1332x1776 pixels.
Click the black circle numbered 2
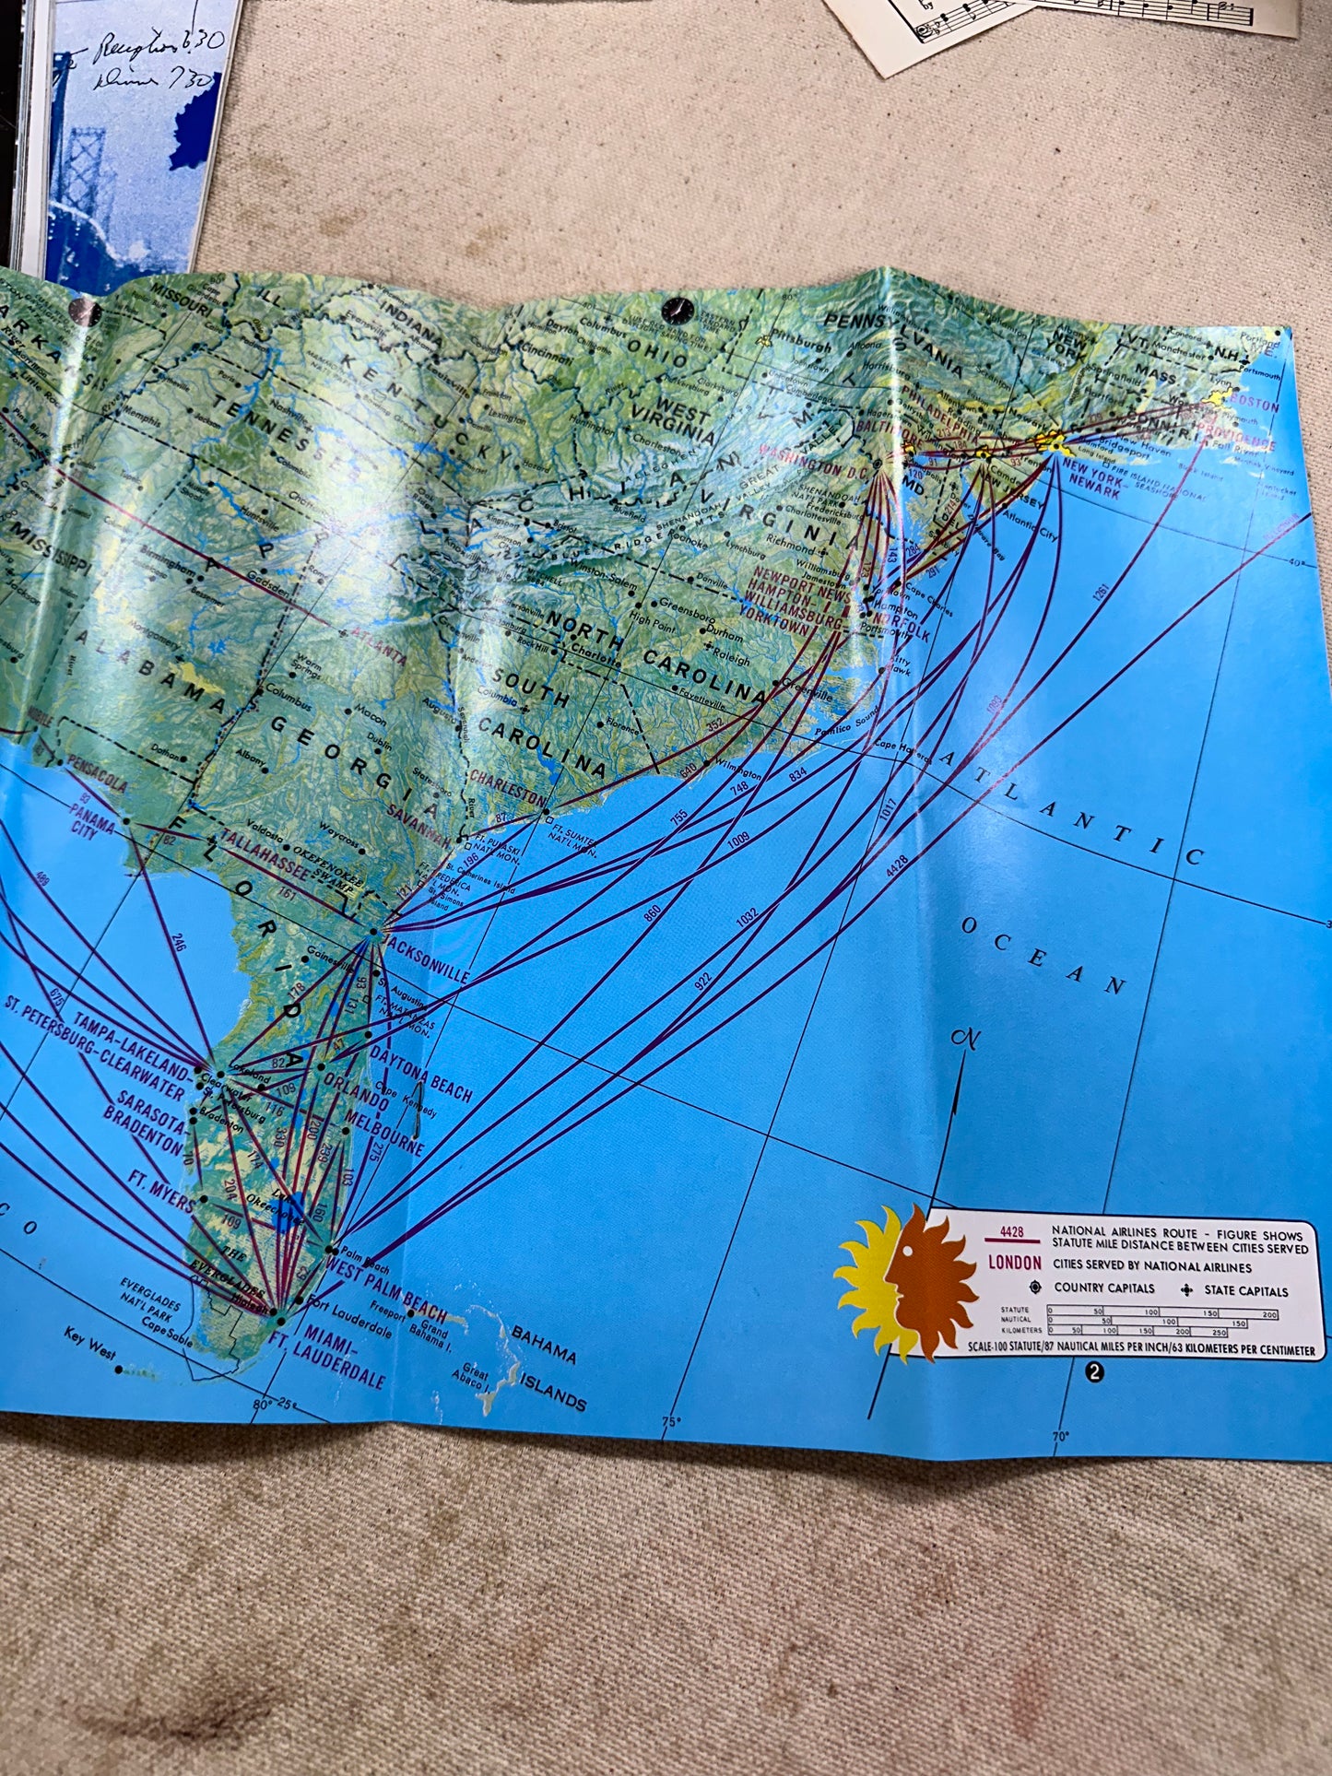tap(1094, 1371)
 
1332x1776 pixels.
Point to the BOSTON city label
tap(1254, 405)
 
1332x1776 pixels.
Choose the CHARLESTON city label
tap(508, 788)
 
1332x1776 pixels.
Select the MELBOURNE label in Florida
tap(385, 1131)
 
